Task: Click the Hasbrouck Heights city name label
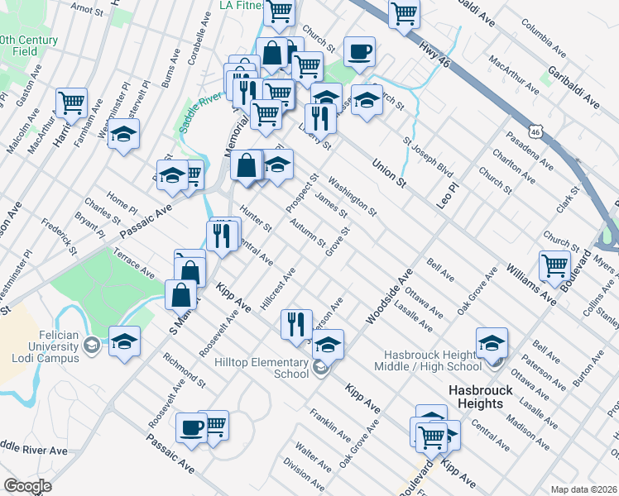point(476,396)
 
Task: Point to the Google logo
point(26,486)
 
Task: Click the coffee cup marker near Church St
point(359,51)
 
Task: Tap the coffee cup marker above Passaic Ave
point(191,427)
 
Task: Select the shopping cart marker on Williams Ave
point(554,265)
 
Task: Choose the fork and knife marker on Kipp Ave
point(296,323)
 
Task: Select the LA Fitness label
point(239,5)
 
